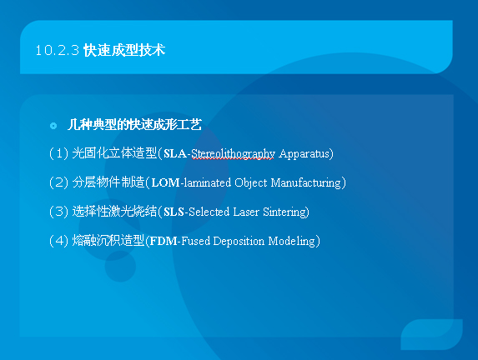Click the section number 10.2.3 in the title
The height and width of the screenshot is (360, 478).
tap(58, 50)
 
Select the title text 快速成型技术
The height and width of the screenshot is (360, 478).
tap(124, 50)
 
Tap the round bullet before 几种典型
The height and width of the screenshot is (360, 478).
tap(53, 126)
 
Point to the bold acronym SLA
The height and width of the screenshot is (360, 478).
tap(175, 153)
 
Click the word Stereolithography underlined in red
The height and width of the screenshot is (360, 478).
tap(233, 154)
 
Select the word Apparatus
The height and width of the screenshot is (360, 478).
tap(304, 154)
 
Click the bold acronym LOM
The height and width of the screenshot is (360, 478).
tap(165, 182)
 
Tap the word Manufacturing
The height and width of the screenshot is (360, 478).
tap(306, 182)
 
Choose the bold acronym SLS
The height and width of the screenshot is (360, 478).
tap(174, 212)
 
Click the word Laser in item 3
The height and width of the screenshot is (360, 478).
tap(246, 212)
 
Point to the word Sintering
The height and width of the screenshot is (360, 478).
tap(284, 212)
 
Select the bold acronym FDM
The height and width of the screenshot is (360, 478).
tap(164, 241)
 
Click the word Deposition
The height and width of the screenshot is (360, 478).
tap(239, 242)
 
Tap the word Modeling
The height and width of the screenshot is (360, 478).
tap(292, 242)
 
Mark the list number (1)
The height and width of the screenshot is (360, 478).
tap(58, 153)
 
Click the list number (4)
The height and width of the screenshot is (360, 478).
tap(58, 241)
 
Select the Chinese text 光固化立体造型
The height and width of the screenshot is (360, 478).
tap(114, 152)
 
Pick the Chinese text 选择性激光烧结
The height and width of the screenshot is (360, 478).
tap(114, 212)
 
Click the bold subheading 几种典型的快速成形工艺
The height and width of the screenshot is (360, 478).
tap(134, 124)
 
